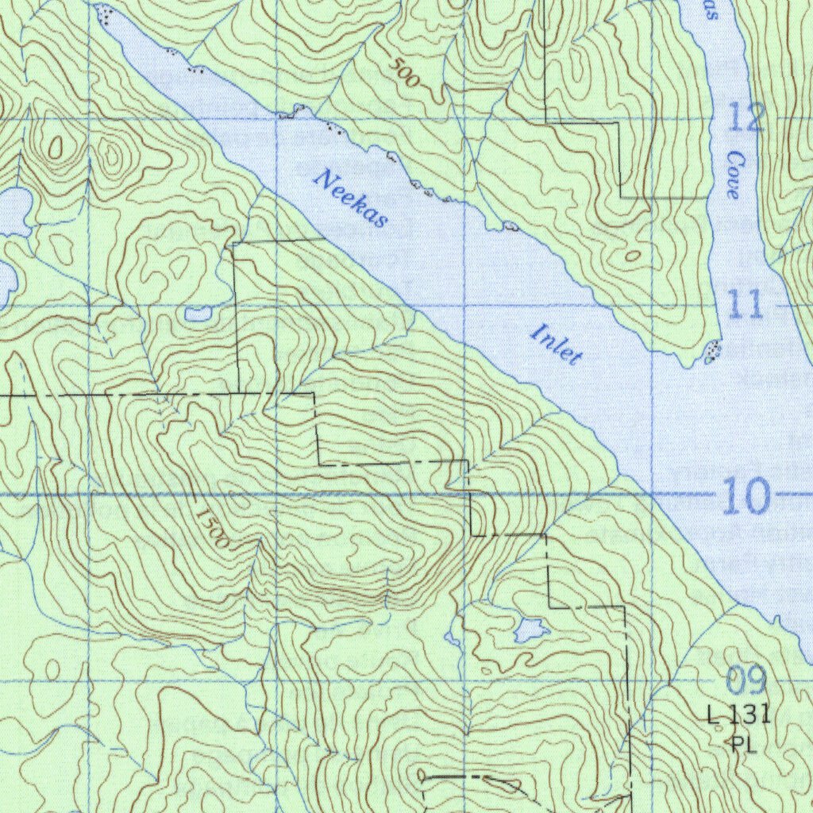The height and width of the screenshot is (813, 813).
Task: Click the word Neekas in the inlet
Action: (x=350, y=198)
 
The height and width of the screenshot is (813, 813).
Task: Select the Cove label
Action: (x=733, y=175)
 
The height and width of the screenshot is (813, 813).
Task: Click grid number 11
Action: (x=745, y=305)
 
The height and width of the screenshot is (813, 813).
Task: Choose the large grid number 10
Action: (x=746, y=498)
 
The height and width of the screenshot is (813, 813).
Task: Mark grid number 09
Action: (x=746, y=681)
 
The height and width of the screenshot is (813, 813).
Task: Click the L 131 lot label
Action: (x=738, y=715)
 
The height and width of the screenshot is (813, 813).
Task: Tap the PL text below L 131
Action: (x=739, y=744)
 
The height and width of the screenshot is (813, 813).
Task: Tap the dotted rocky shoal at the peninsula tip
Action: (x=713, y=349)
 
